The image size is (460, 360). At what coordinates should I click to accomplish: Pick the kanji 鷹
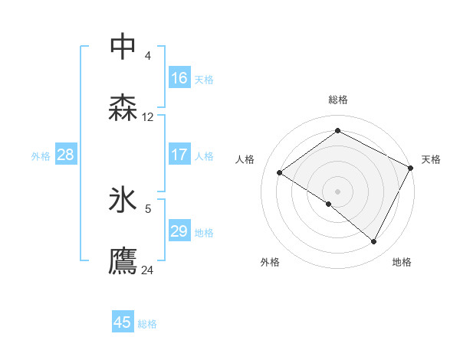click(x=123, y=261)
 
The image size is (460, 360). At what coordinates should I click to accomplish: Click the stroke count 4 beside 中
click(x=148, y=55)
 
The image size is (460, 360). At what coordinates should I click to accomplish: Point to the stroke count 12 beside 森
click(x=148, y=117)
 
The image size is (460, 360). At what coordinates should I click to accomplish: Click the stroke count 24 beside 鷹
click(x=148, y=270)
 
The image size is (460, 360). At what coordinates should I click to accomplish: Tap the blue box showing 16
click(x=179, y=78)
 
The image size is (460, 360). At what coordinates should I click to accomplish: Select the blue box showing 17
click(x=179, y=155)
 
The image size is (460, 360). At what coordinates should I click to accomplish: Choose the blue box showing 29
click(x=179, y=231)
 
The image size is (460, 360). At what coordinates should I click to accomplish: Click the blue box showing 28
click(x=66, y=155)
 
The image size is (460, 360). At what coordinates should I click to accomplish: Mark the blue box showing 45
click(x=123, y=322)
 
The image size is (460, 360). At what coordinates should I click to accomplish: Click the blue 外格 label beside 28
click(x=41, y=156)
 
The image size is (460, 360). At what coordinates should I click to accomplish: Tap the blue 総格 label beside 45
click(x=147, y=324)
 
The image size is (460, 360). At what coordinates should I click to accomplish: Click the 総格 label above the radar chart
click(x=338, y=100)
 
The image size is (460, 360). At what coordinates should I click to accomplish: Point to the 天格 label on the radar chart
click(x=431, y=159)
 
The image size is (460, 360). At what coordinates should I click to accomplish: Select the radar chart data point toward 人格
click(x=280, y=172)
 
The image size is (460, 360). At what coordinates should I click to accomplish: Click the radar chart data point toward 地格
click(x=374, y=242)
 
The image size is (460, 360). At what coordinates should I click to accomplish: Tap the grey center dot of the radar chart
click(x=337, y=191)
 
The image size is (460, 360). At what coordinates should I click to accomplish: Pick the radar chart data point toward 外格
click(x=329, y=204)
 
